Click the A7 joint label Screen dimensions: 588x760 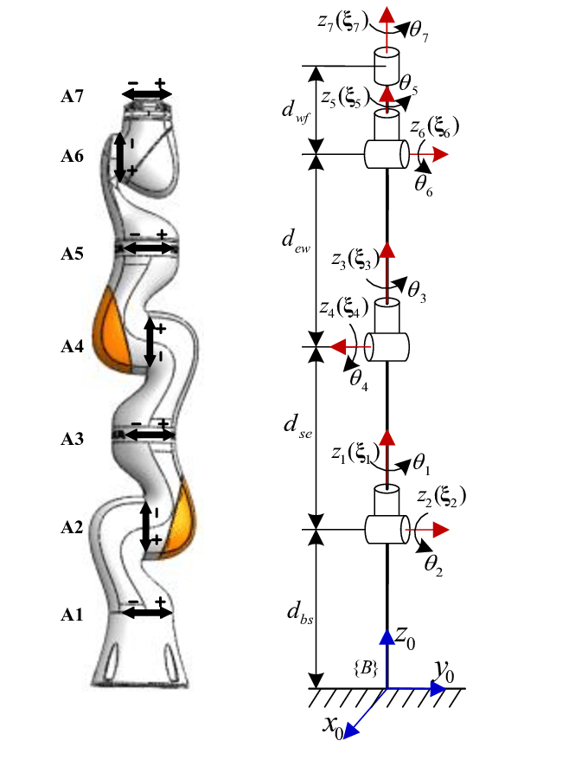click(x=72, y=96)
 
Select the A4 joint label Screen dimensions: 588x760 click(x=72, y=346)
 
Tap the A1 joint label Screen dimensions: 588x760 click(x=72, y=615)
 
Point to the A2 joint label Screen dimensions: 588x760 click(x=72, y=527)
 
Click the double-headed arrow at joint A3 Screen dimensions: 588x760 click(x=150, y=435)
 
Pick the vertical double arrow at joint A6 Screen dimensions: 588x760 click(x=119, y=157)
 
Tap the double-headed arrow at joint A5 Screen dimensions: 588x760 click(x=150, y=248)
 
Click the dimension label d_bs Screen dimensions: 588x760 click(x=300, y=614)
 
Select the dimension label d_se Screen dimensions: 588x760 click(x=297, y=426)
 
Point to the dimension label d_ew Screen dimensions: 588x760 click(x=296, y=241)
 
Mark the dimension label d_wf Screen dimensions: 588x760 click(x=295, y=112)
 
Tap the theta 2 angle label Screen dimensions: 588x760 click(x=433, y=565)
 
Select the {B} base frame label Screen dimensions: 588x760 click(x=366, y=668)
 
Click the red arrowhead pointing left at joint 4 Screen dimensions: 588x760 click(x=337, y=347)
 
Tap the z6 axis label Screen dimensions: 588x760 click(x=434, y=127)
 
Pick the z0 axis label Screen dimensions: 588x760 click(x=405, y=637)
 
